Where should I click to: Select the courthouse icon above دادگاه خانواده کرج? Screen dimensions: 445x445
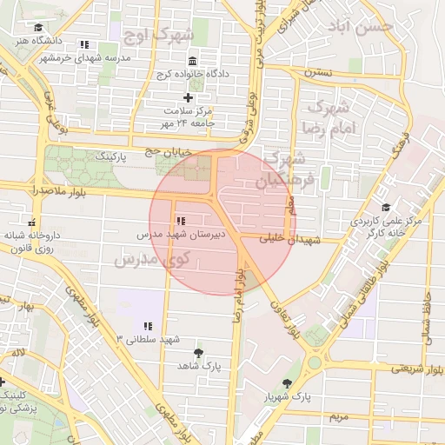tap(192, 61)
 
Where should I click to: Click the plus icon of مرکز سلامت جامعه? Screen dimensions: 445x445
tap(188, 96)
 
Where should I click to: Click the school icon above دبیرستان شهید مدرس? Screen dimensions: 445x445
tap(180, 222)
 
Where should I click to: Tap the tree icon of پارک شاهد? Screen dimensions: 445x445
tap(200, 352)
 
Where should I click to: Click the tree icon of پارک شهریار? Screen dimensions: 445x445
tap(288, 383)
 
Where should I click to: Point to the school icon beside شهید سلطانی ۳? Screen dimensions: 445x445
tap(147, 326)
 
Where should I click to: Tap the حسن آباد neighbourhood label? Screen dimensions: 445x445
tap(370, 26)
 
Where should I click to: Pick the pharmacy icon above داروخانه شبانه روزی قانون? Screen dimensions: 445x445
tap(33, 222)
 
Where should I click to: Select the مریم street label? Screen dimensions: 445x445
tap(337, 418)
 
